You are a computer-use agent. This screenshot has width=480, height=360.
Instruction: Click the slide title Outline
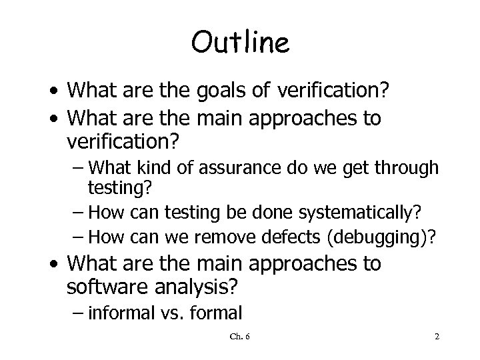240,43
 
